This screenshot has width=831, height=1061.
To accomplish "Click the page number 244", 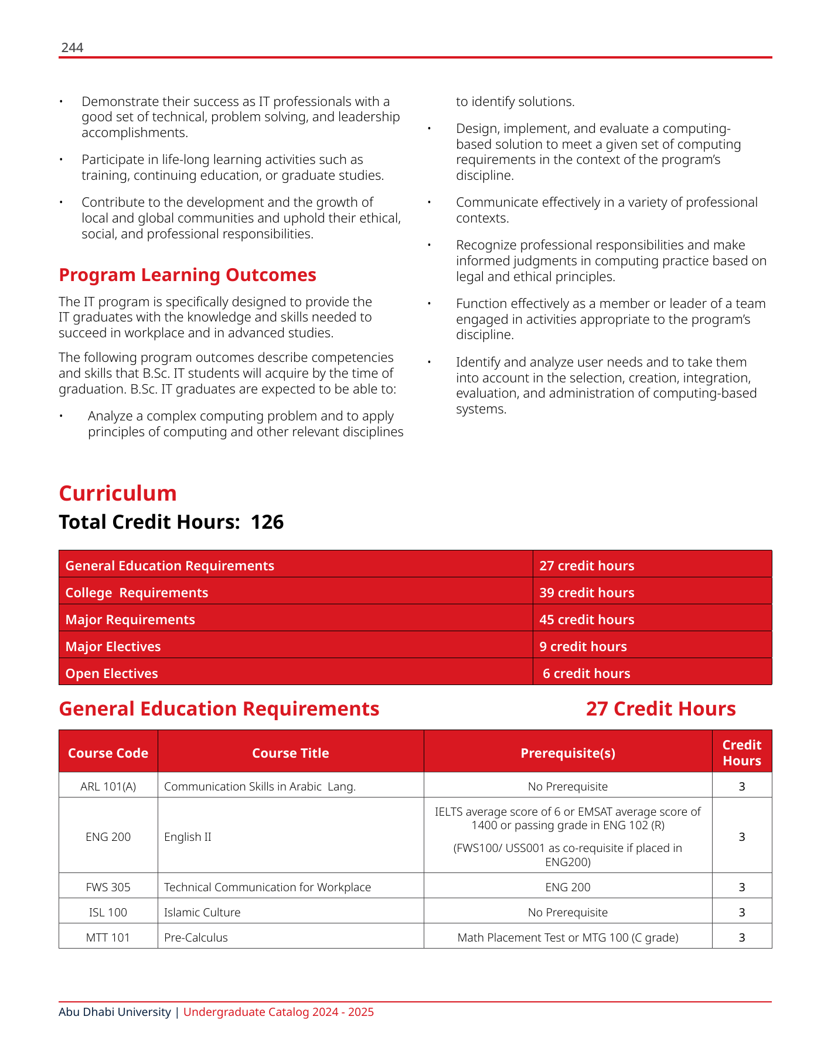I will coord(72,48).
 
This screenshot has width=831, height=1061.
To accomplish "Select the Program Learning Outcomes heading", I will coord(188,275).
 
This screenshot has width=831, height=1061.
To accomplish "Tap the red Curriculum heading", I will coord(118,493).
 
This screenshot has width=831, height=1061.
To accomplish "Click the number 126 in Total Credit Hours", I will coord(267,522).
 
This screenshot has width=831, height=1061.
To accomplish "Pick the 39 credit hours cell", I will coord(587,593).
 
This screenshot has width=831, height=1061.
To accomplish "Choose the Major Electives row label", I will coord(113,646).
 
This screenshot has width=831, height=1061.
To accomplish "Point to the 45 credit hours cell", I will coord(587,620).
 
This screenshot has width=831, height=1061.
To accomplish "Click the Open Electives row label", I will coord(112,673).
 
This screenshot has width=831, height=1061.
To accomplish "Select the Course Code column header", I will coord(108,753).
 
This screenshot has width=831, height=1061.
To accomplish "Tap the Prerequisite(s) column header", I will coord(568,753).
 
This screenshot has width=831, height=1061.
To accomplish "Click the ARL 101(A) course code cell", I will coord(108,786).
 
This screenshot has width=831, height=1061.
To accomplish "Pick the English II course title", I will coord(188,837).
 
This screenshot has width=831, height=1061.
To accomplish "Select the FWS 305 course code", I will coord(108,887).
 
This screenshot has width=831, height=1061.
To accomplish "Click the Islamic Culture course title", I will coord(202,912).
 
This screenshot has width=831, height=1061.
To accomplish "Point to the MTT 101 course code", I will coord(108,937).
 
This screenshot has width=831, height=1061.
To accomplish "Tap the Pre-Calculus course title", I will coord(196,937).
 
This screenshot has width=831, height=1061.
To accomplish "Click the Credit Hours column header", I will coord(741,753).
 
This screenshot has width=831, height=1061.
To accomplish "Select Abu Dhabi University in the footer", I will coord(115,1012).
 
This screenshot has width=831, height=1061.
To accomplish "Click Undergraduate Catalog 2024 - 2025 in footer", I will coord(278,1012).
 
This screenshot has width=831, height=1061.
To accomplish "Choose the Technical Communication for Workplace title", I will coord(267,887).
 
